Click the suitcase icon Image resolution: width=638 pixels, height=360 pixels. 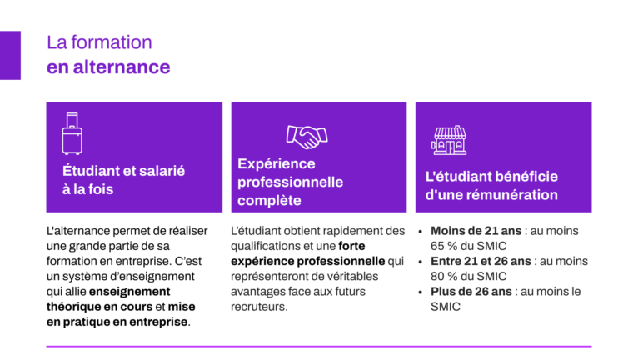pyautogui.click(x=72, y=133)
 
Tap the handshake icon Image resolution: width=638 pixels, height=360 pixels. pyautogui.click(x=307, y=137)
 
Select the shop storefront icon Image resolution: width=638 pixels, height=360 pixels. pyautogui.click(x=449, y=140)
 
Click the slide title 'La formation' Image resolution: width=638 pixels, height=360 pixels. pyautogui.click(x=99, y=42)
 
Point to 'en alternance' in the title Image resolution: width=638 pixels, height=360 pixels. pyautogui.click(x=108, y=67)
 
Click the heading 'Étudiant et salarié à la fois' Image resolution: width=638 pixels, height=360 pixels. pyautogui.click(x=124, y=180)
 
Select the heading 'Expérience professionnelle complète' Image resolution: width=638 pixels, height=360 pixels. pyautogui.click(x=290, y=182)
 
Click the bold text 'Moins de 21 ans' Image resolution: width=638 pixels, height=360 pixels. pyautogui.click(x=476, y=231)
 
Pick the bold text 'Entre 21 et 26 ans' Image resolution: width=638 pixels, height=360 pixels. pyautogui.click(x=481, y=261)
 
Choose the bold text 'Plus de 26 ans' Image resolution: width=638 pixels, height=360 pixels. pyautogui.click(x=471, y=292)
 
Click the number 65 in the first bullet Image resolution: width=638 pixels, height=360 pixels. pyautogui.click(x=437, y=246)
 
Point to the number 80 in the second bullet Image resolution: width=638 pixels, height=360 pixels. pyautogui.click(x=437, y=276)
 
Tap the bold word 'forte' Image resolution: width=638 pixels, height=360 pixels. pyautogui.click(x=351, y=246)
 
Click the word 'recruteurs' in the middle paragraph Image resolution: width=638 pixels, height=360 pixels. pyautogui.click(x=258, y=307)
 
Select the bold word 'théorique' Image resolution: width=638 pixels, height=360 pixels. pyautogui.click(x=72, y=307)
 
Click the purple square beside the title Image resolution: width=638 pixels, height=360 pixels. pyautogui.click(x=10, y=55)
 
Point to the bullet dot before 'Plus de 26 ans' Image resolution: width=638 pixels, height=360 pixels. pyautogui.click(x=421, y=292)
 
